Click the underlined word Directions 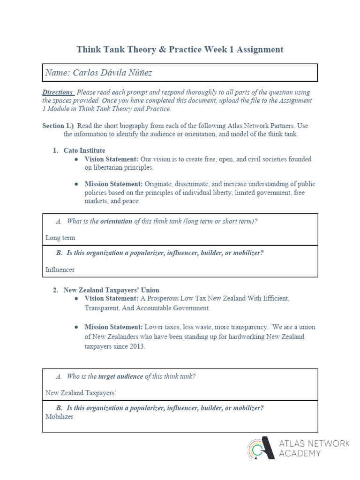point(58,92)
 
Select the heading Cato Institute point(84,150)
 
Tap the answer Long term point(60,238)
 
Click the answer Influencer point(60,270)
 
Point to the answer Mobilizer point(60,416)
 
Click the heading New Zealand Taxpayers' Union point(111,290)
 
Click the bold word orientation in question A point(116,221)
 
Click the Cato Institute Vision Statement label point(111,159)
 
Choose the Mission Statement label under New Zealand point(113,327)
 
